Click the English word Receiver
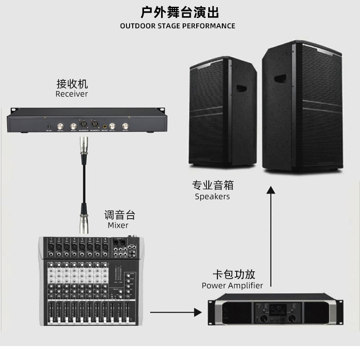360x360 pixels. (72, 94)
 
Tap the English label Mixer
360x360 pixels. (118, 225)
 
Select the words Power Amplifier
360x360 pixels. (232, 285)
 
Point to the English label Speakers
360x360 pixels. (212, 196)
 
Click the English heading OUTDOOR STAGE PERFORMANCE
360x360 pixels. (178, 26)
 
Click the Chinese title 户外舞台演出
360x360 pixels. (180, 11)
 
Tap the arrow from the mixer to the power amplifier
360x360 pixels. (175, 311)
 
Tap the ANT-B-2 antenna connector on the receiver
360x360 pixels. (125, 126)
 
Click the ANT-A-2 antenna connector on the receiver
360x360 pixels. (60, 126)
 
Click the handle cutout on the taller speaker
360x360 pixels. (280, 78)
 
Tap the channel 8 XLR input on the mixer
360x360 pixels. (105, 247)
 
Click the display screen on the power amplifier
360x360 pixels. (278, 310)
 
